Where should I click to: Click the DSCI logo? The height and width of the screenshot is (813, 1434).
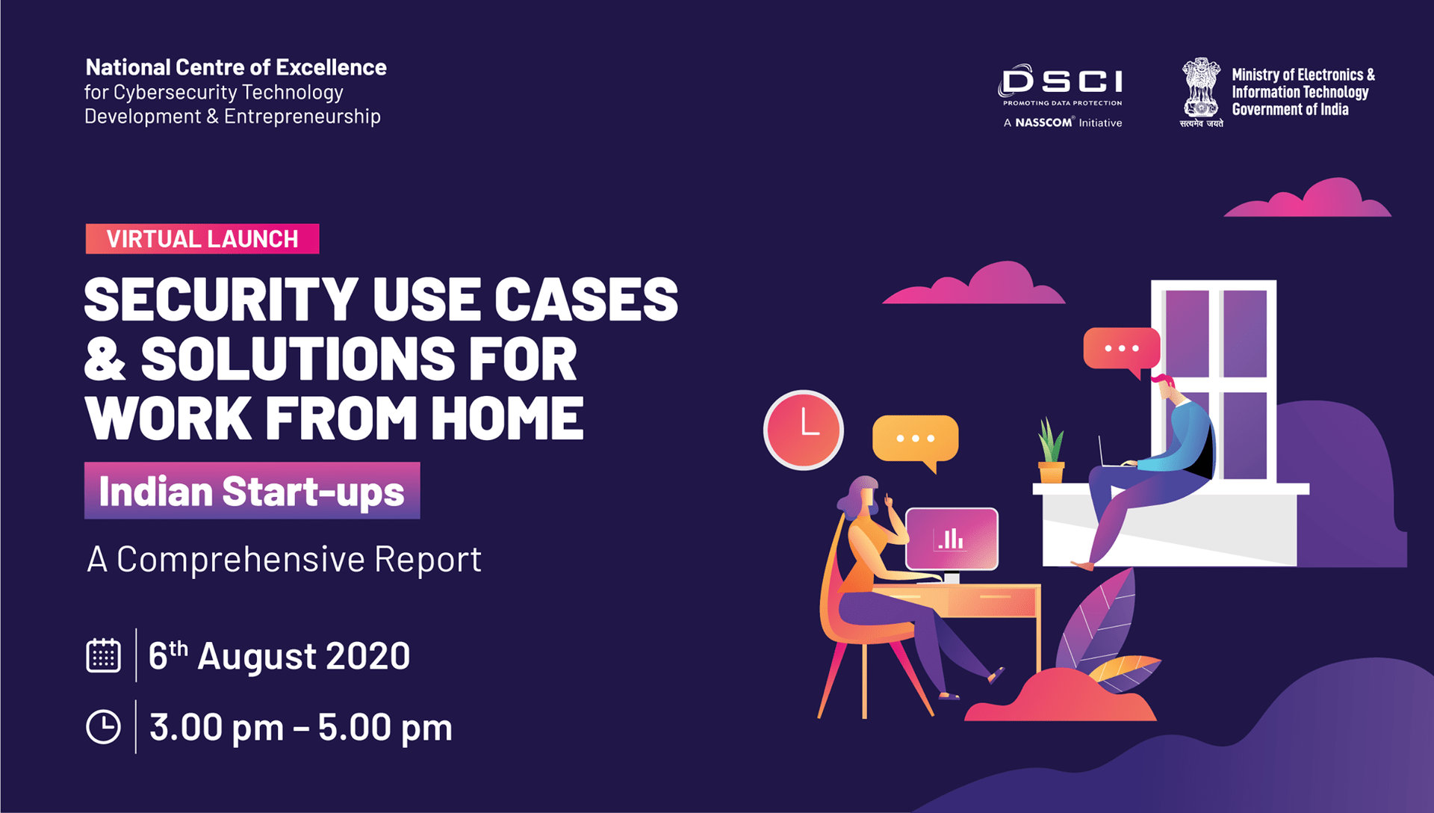point(1061,82)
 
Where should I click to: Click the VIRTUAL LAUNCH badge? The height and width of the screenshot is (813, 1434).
point(202,239)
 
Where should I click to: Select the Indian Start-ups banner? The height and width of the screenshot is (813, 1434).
point(252,491)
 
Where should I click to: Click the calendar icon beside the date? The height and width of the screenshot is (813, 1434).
point(103,655)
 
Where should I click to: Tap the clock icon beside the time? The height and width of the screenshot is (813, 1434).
point(103,727)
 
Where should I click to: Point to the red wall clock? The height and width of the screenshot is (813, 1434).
point(804,430)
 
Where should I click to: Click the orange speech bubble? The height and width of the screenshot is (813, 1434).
point(915,439)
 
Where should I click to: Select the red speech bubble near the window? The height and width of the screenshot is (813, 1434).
point(1121,349)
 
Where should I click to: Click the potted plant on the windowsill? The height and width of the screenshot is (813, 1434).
point(1051,453)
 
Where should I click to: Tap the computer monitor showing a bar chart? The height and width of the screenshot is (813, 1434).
point(952,538)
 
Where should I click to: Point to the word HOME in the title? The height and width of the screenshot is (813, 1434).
point(507,418)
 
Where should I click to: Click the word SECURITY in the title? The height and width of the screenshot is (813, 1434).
point(221,300)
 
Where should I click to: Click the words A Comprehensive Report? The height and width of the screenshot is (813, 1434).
point(284,559)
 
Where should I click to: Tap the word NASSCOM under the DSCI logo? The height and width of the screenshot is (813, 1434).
point(1043,123)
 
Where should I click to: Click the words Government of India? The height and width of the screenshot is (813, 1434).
point(1290,110)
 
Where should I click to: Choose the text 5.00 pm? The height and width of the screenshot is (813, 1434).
point(385,728)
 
